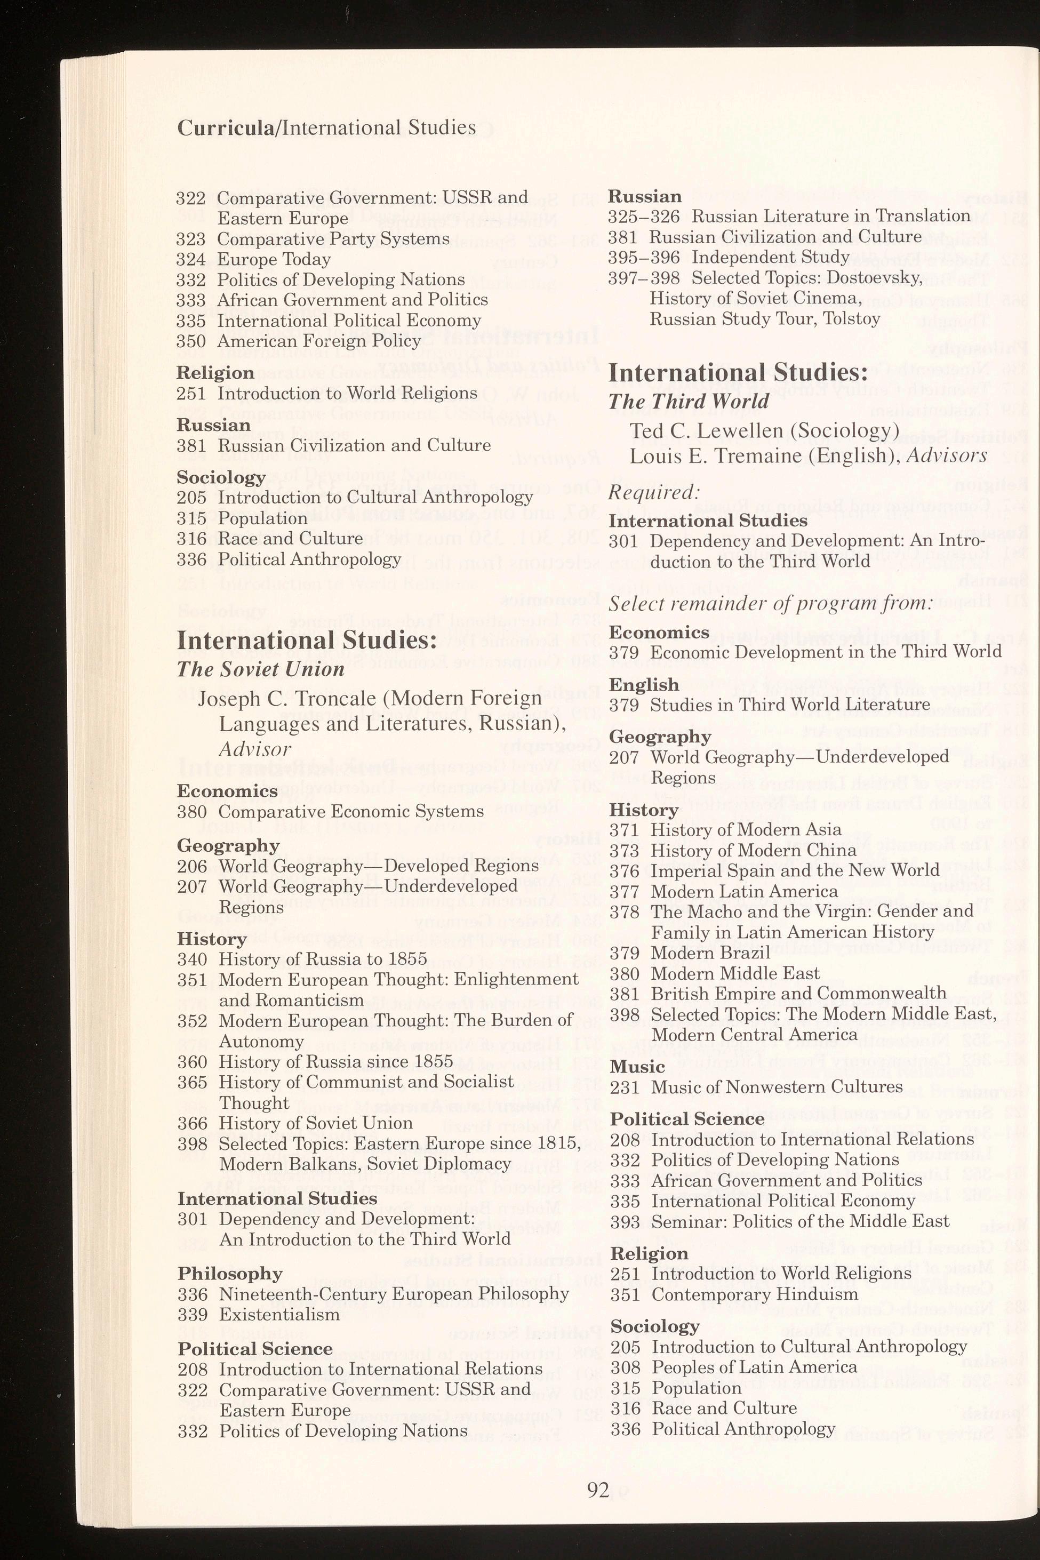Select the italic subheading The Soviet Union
tap(260, 669)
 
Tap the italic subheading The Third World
tap(689, 401)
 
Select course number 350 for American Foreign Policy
tap(191, 341)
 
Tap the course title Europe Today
tap(274, 259)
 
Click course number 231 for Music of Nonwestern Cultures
tap(623, 1087)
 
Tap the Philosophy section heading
tap(229, 1274)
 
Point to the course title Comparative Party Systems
tap(333, 239)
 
